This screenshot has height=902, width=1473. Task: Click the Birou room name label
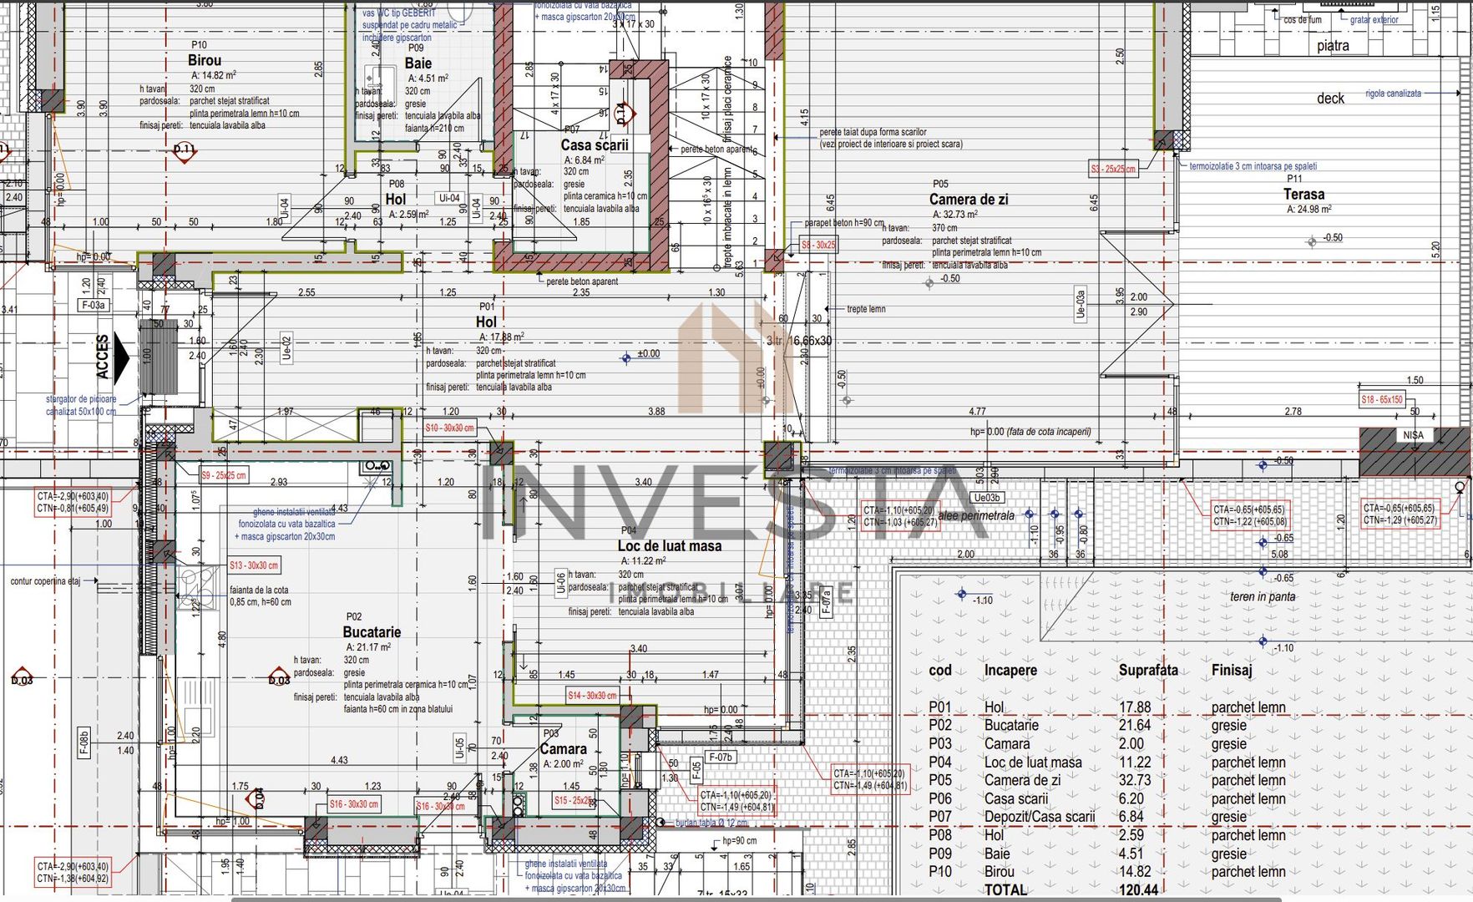[205, 60]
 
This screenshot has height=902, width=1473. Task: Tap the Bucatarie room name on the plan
[372, 632]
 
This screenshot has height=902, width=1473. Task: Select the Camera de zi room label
[969, 200]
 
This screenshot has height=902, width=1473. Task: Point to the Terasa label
[1303, 194]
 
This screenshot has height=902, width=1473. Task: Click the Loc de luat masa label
[670, 545]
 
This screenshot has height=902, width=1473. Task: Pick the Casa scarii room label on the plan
[595, 144]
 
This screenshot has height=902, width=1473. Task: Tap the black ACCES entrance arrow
[122, 357]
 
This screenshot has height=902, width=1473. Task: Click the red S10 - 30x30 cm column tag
[449, 428]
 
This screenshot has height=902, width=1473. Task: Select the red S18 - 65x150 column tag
[1382, 400]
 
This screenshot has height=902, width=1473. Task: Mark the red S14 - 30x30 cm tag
[592, 695]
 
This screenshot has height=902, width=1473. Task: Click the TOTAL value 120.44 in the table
[1138, 889]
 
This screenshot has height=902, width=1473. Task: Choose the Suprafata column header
[1148, 670]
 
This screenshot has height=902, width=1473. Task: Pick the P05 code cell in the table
[940, 780]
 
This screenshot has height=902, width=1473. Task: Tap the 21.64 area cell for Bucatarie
[1135, 725]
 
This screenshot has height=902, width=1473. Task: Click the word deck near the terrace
[1330, 99]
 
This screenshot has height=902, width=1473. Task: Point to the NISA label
[1413, 435]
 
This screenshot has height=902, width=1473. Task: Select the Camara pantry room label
[564, 749]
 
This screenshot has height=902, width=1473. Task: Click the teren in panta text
[1263, 596]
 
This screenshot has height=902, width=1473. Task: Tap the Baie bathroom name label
[418, 63]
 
